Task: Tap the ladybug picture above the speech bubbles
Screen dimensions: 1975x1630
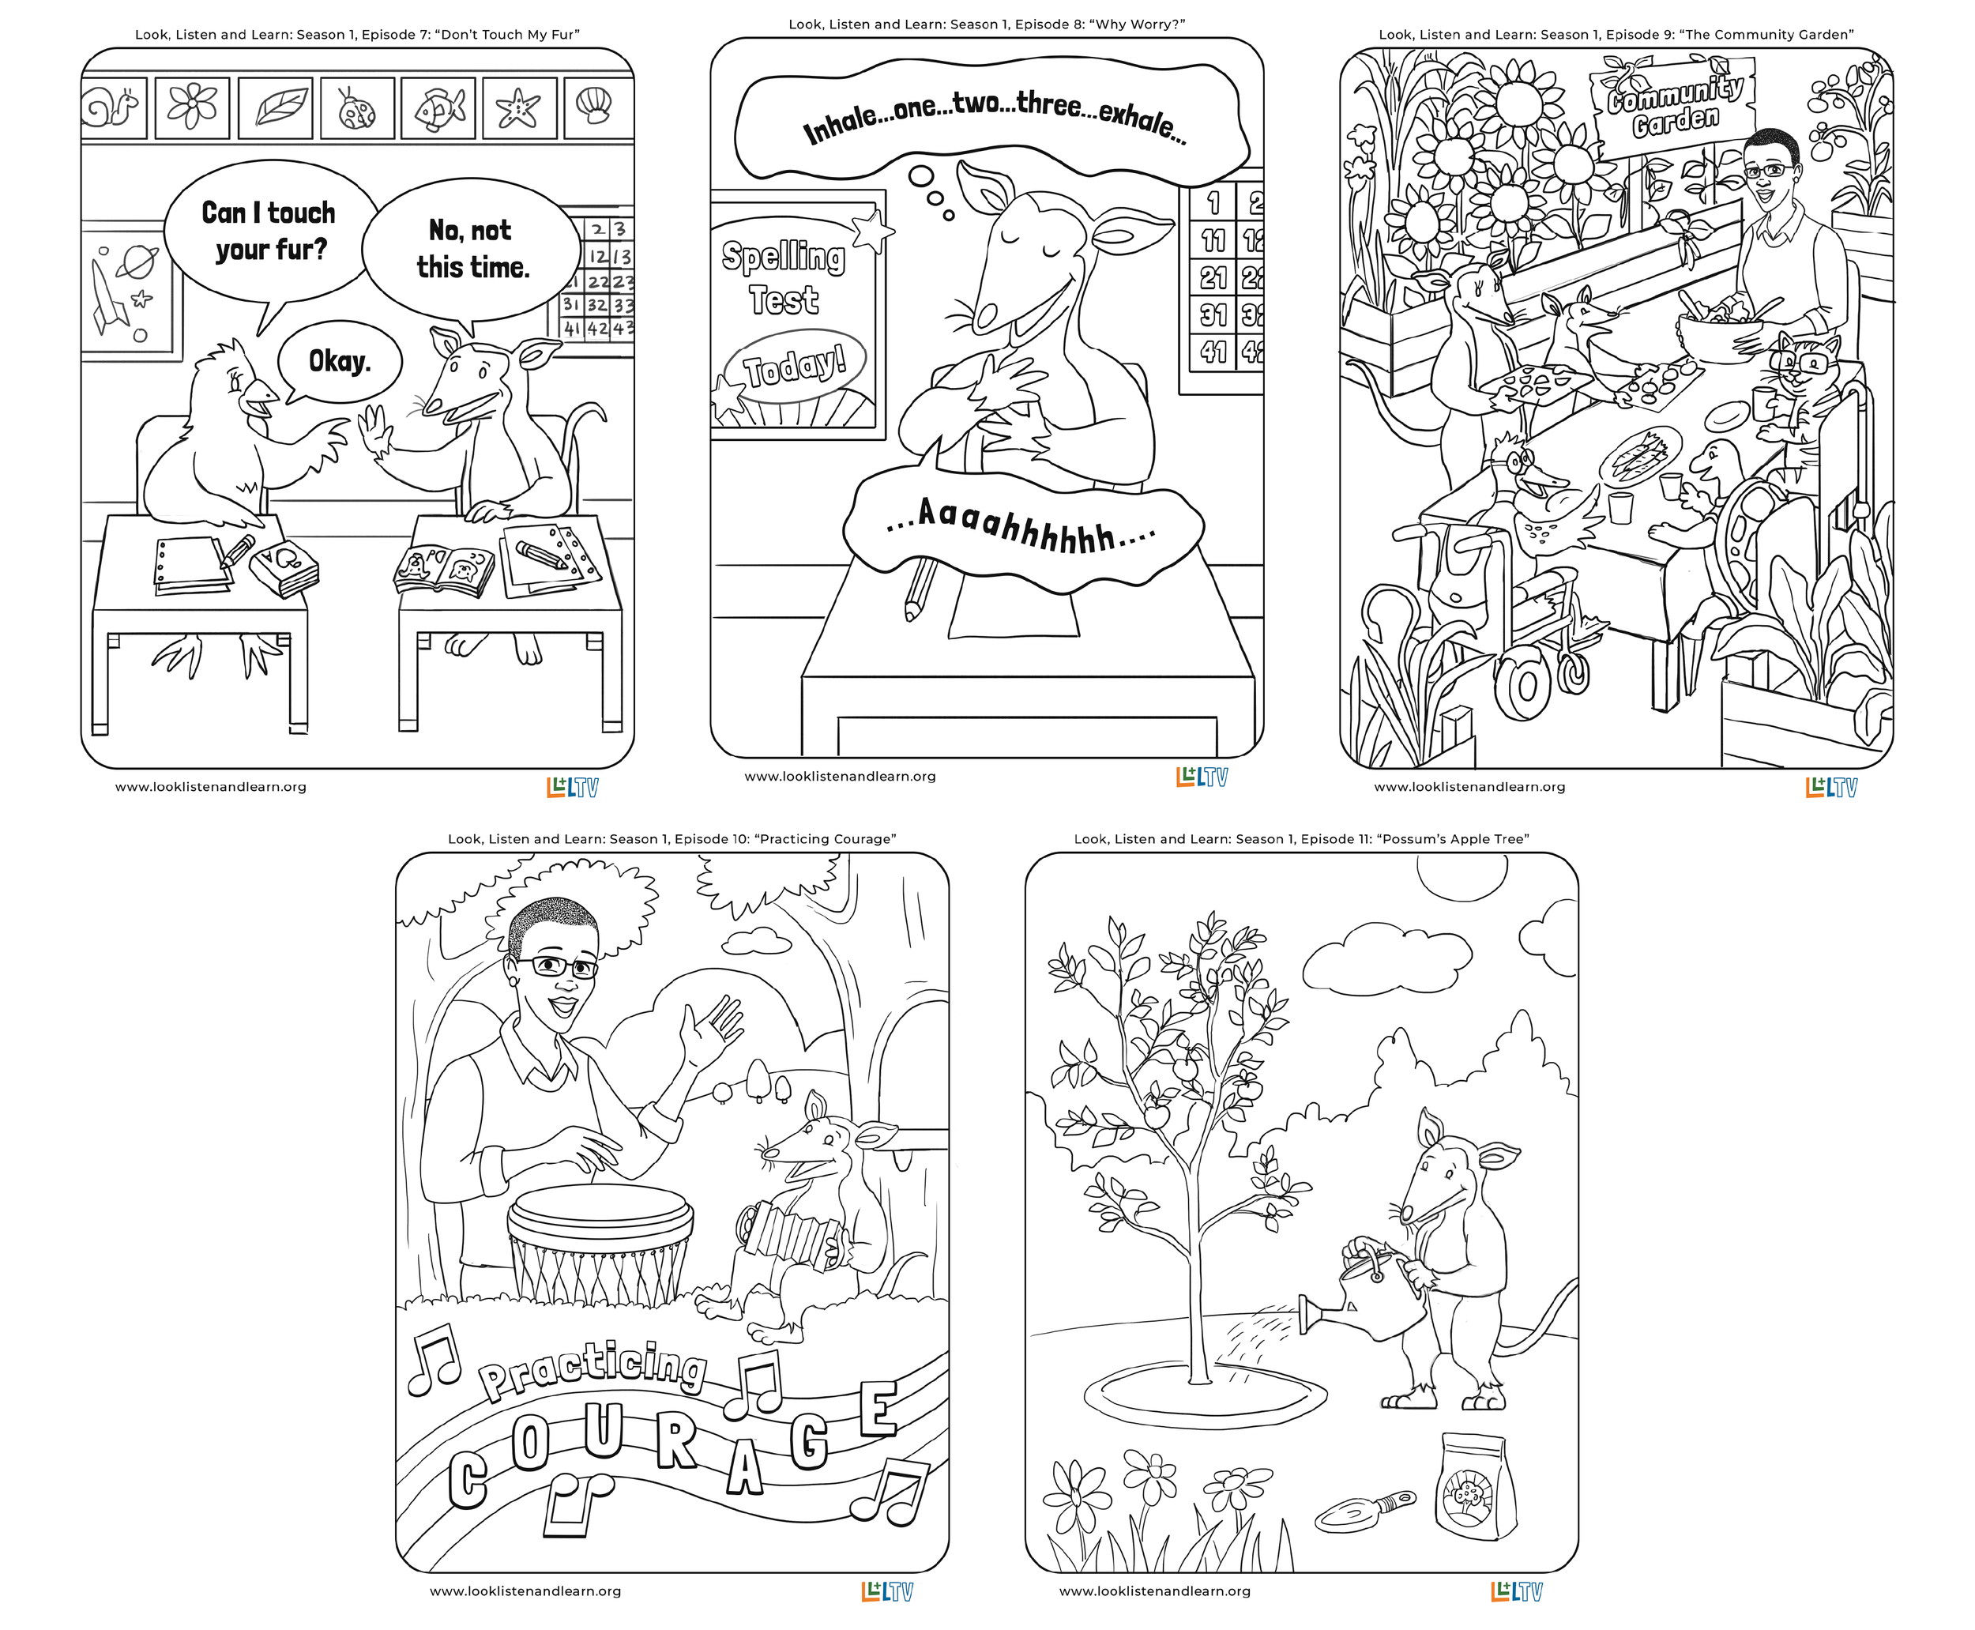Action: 357,109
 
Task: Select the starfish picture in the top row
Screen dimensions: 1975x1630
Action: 519,109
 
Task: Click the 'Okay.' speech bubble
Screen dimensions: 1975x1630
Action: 339,362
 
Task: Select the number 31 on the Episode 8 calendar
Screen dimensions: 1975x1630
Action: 1213,314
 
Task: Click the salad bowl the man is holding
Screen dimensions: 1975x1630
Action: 1721,338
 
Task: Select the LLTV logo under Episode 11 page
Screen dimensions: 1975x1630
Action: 1517,1591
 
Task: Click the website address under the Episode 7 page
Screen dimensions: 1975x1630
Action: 211,787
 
